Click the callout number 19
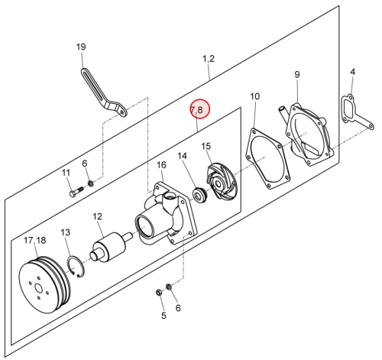(81, 47)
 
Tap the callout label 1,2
(209, 59)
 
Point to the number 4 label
(352, 72)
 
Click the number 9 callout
(297, 75)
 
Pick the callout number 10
(254, 96)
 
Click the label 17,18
(35, 240)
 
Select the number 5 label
(163, 316)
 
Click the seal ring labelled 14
(200, 196)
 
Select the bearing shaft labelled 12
(111, 247)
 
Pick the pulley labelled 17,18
(44, 285)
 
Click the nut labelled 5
(159, 292)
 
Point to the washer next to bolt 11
(90, 183)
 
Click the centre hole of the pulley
(39, 288)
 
